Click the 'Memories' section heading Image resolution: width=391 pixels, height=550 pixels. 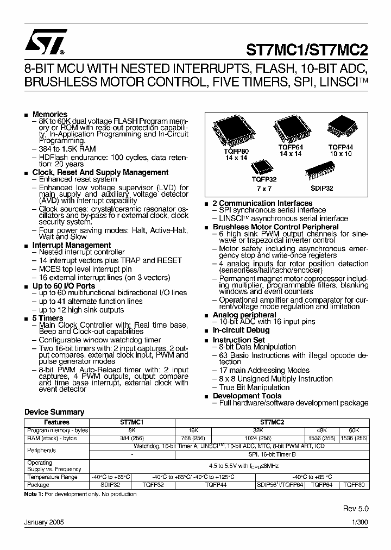(49, 114)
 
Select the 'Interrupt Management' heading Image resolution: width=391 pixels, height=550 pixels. (71, 245)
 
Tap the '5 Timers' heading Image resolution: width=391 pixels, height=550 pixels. (48, 318)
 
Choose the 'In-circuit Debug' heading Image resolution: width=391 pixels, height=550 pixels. (241, 330)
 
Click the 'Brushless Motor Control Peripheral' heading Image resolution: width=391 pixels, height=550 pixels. (275, 227)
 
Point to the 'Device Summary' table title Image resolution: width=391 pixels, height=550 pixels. (54, 412)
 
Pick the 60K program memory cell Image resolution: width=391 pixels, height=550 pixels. (354, 430)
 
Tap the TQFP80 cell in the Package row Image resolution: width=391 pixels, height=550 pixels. (354, 484)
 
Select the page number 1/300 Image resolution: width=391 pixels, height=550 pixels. (359, 522)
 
